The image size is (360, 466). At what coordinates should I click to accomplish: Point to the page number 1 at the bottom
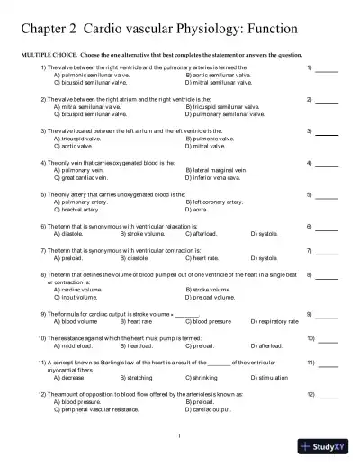click(x=180, y=438)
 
